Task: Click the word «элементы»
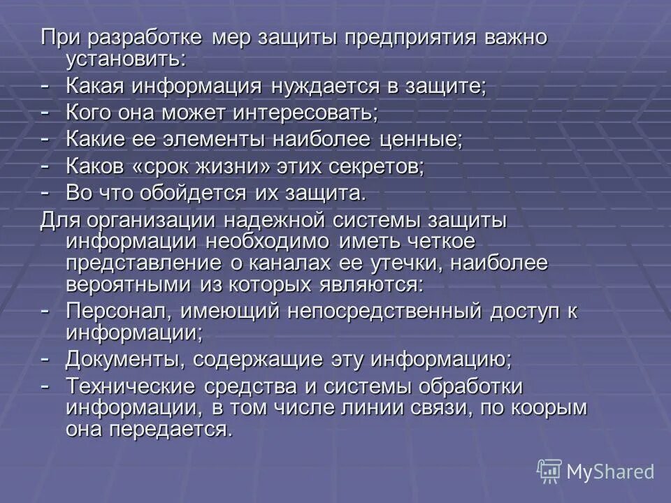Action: pos(257,140)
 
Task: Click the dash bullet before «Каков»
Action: pos(45,165)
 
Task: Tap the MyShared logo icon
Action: pos(549,471)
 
